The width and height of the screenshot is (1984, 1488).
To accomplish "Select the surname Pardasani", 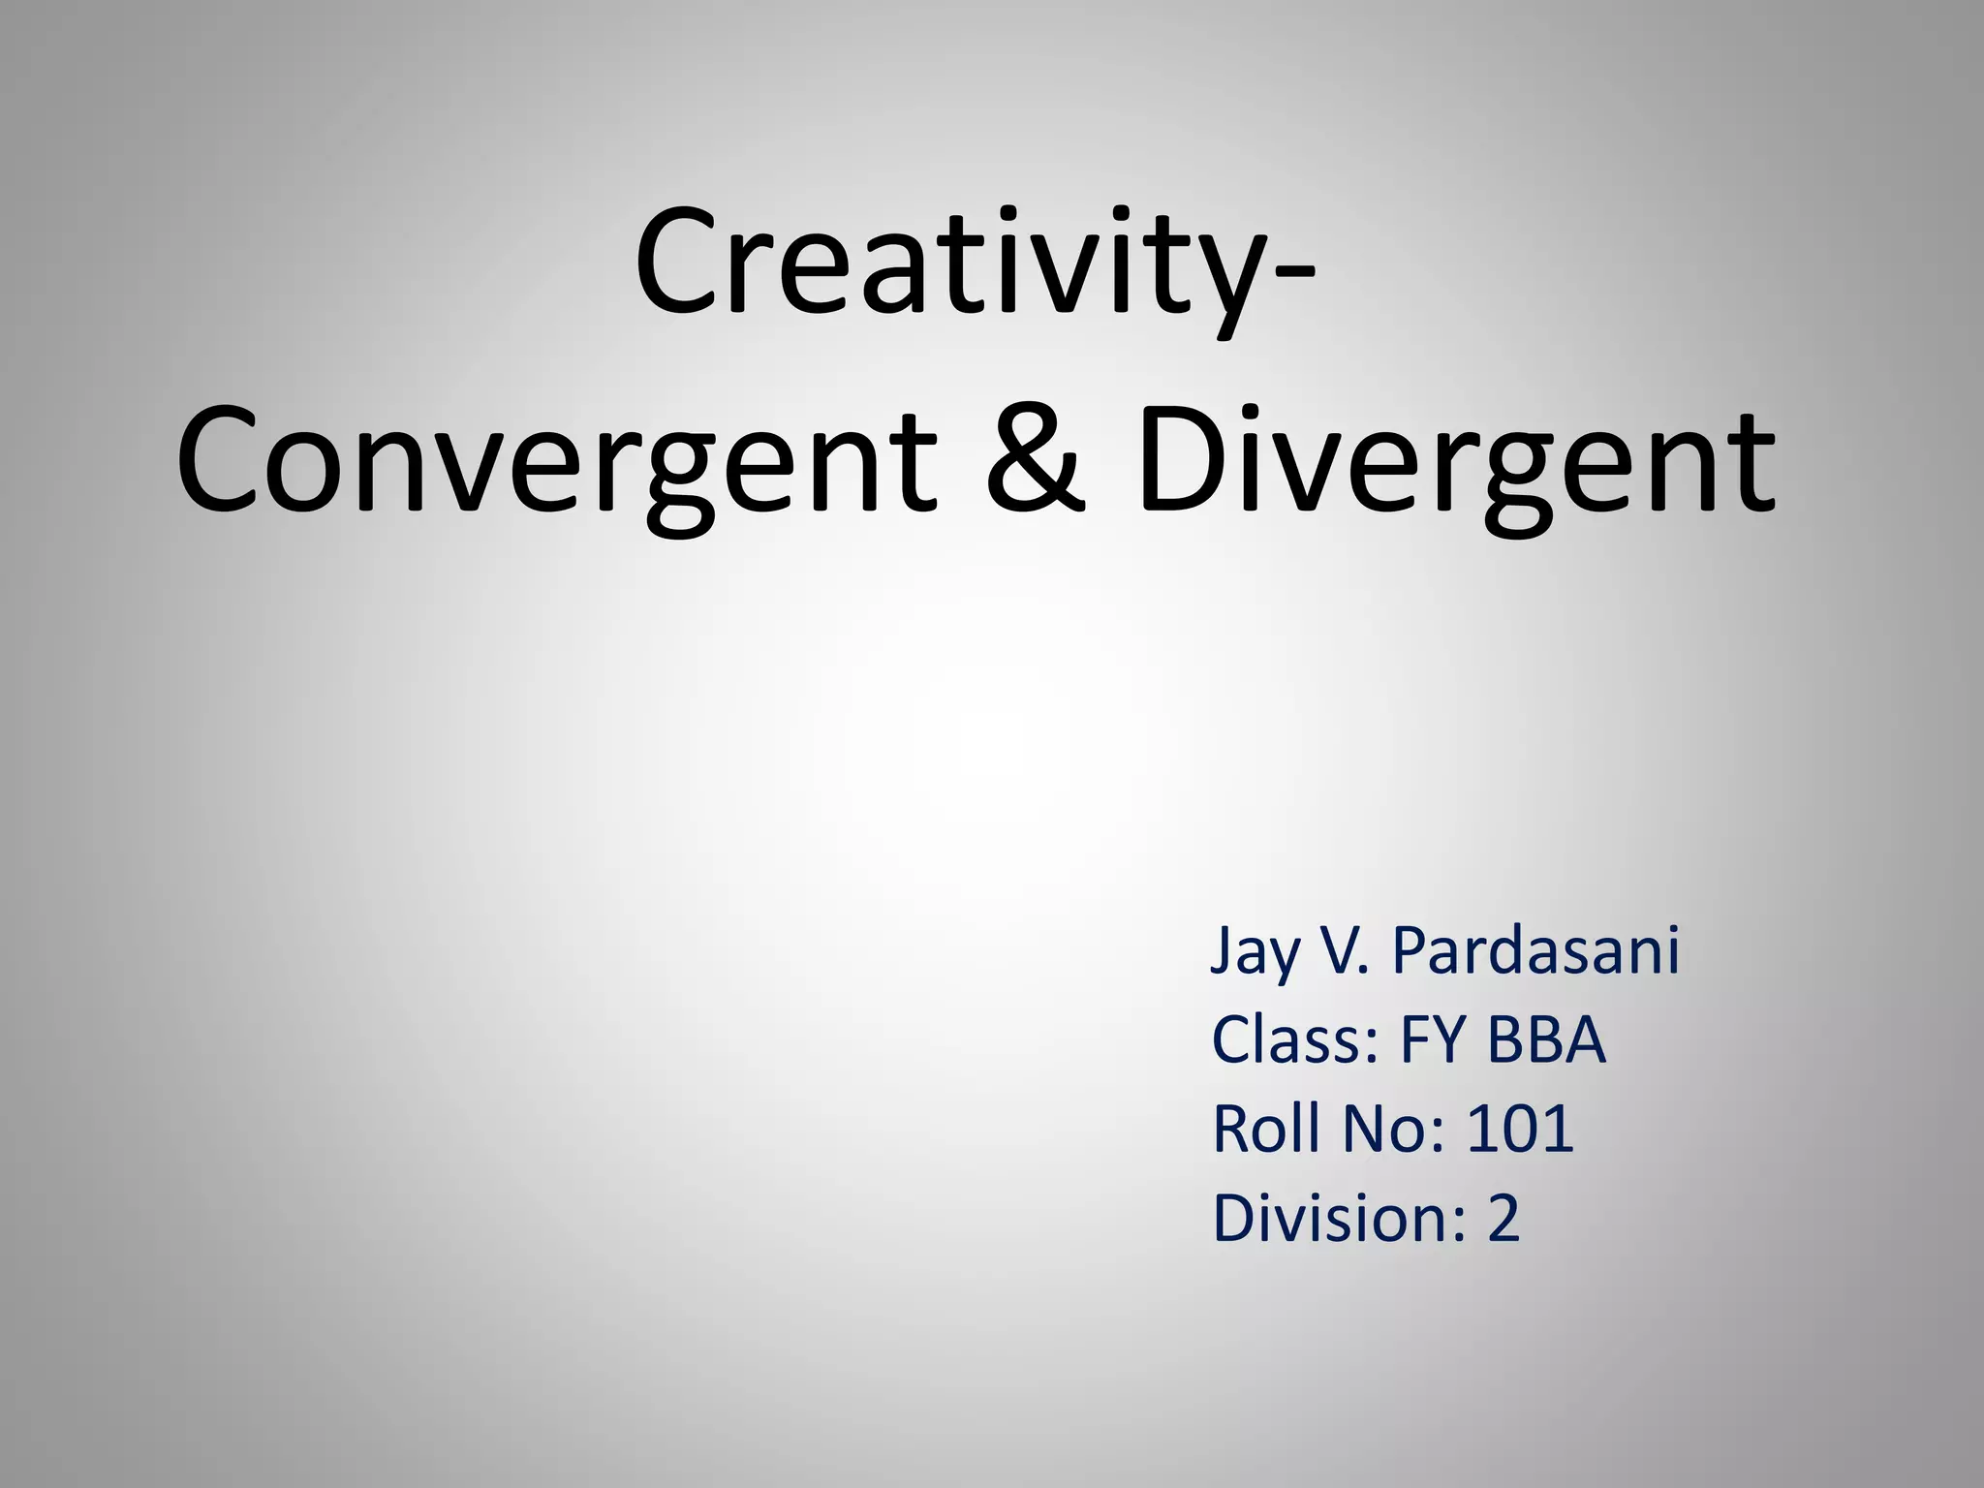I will pyautogui.click(x=1535, y=951).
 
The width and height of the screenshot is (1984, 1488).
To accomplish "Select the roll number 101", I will pyautogui.click(x=1520, y=1130).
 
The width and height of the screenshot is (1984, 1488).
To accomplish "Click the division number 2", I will pyautogui.click(x=1503, y=1219).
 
